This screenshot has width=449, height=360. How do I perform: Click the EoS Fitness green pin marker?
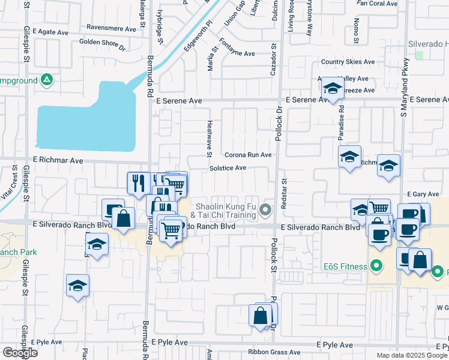[376, 265]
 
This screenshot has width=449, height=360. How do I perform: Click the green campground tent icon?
[46, 80]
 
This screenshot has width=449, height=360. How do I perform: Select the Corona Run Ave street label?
[249, 155]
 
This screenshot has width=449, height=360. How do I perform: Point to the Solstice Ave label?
[228, 169]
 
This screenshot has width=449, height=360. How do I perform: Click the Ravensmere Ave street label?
[112, 28]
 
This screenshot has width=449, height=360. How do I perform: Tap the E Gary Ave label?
[427, 194]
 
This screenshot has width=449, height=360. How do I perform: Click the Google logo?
[20, 352]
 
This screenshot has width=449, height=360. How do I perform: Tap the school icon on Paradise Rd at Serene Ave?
[331, 89]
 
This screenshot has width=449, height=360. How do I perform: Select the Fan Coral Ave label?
[377, 4]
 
